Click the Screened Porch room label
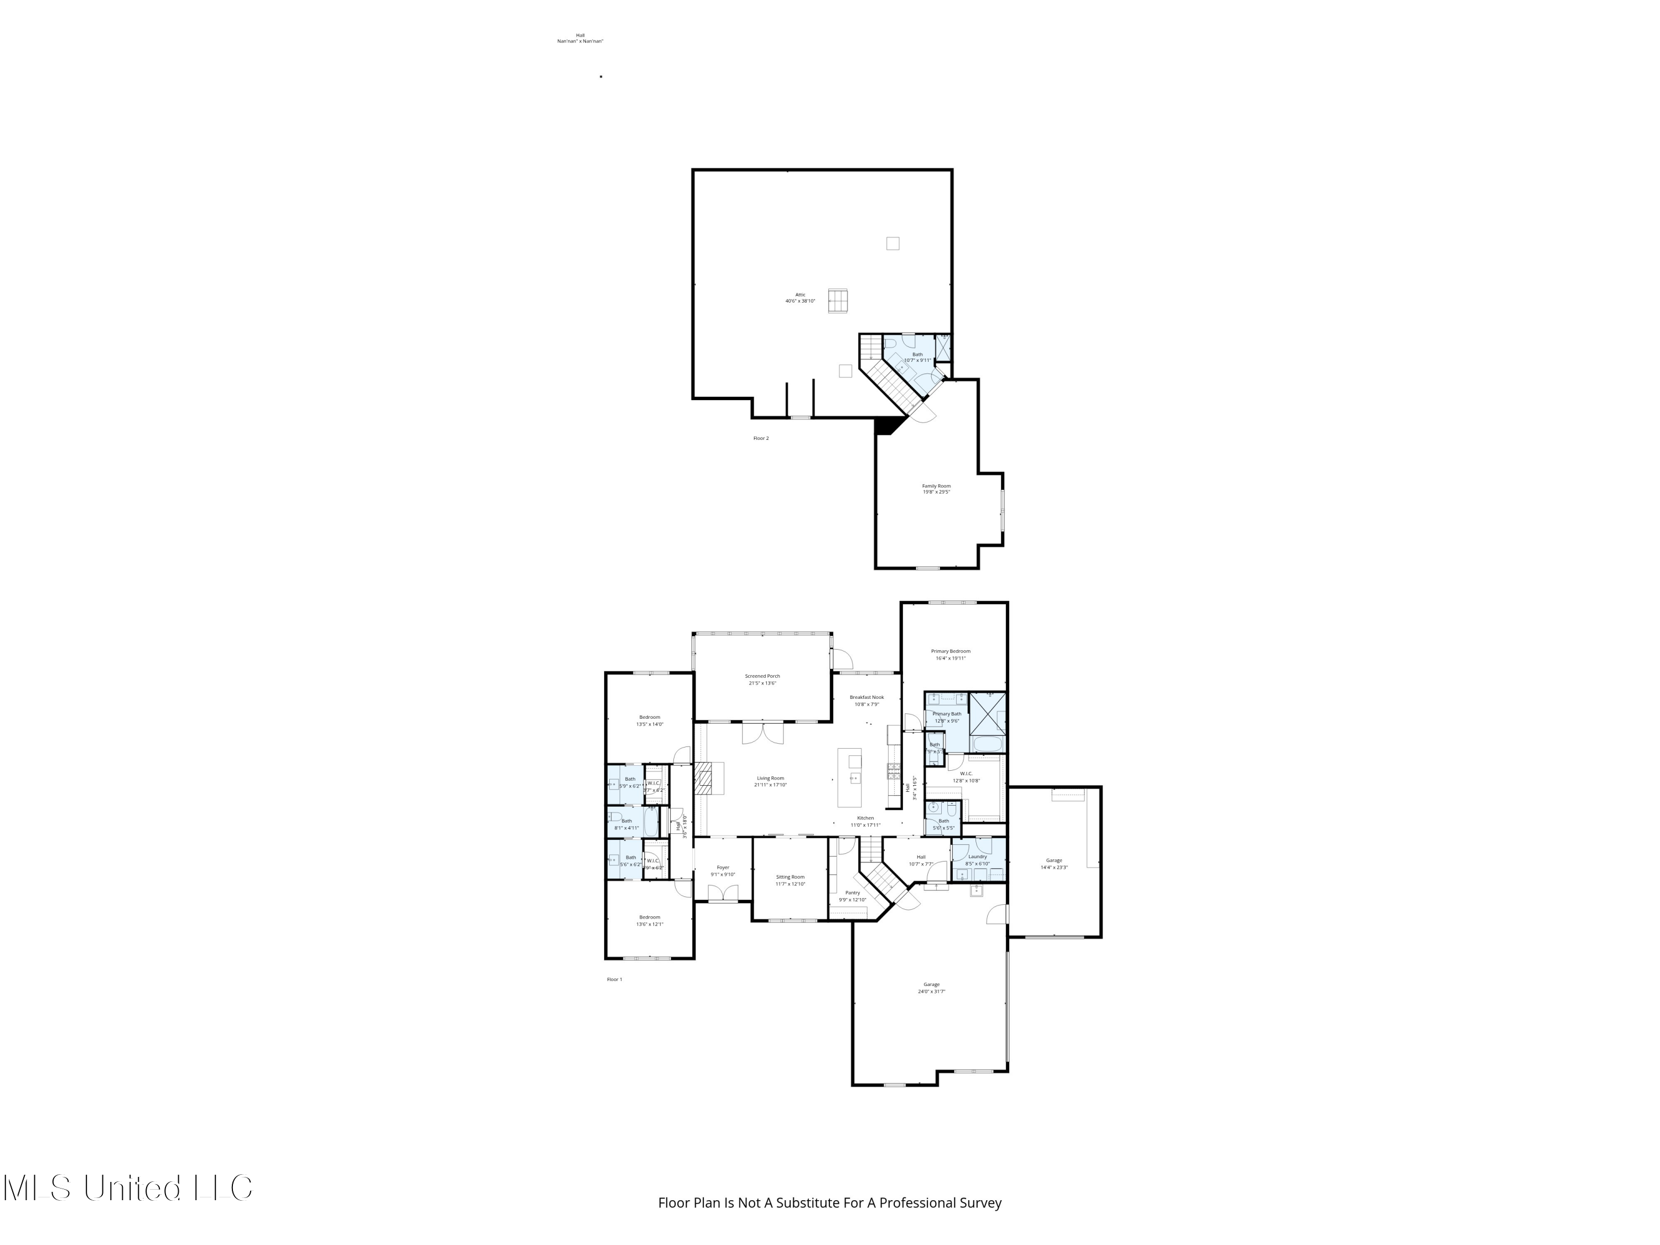(x=762, y=679)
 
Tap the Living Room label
(x=770, y=781)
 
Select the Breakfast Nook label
(x=866, y=700)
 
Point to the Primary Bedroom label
(x=950, y=655)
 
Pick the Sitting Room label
(x=790, y=880)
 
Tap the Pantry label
(x=853, y=896)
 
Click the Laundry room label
(x=977, y=859)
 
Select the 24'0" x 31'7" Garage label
(x=931, y=988)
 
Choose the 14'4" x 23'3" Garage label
(x=1054, y=864)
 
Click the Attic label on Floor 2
(x=800, y=297)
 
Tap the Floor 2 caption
(x=761, y=438)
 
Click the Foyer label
(x=723, y=870)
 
